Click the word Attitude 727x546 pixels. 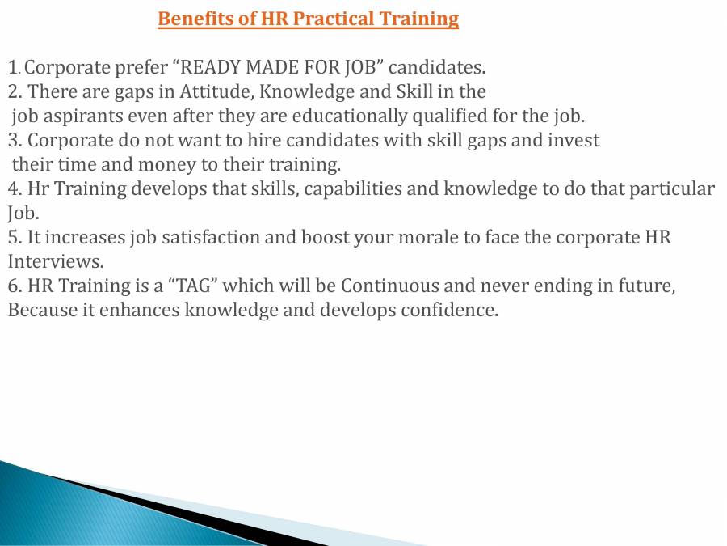tap(222, 91)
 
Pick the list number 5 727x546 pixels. tap(14, 238)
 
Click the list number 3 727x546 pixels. tap(14, 140)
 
